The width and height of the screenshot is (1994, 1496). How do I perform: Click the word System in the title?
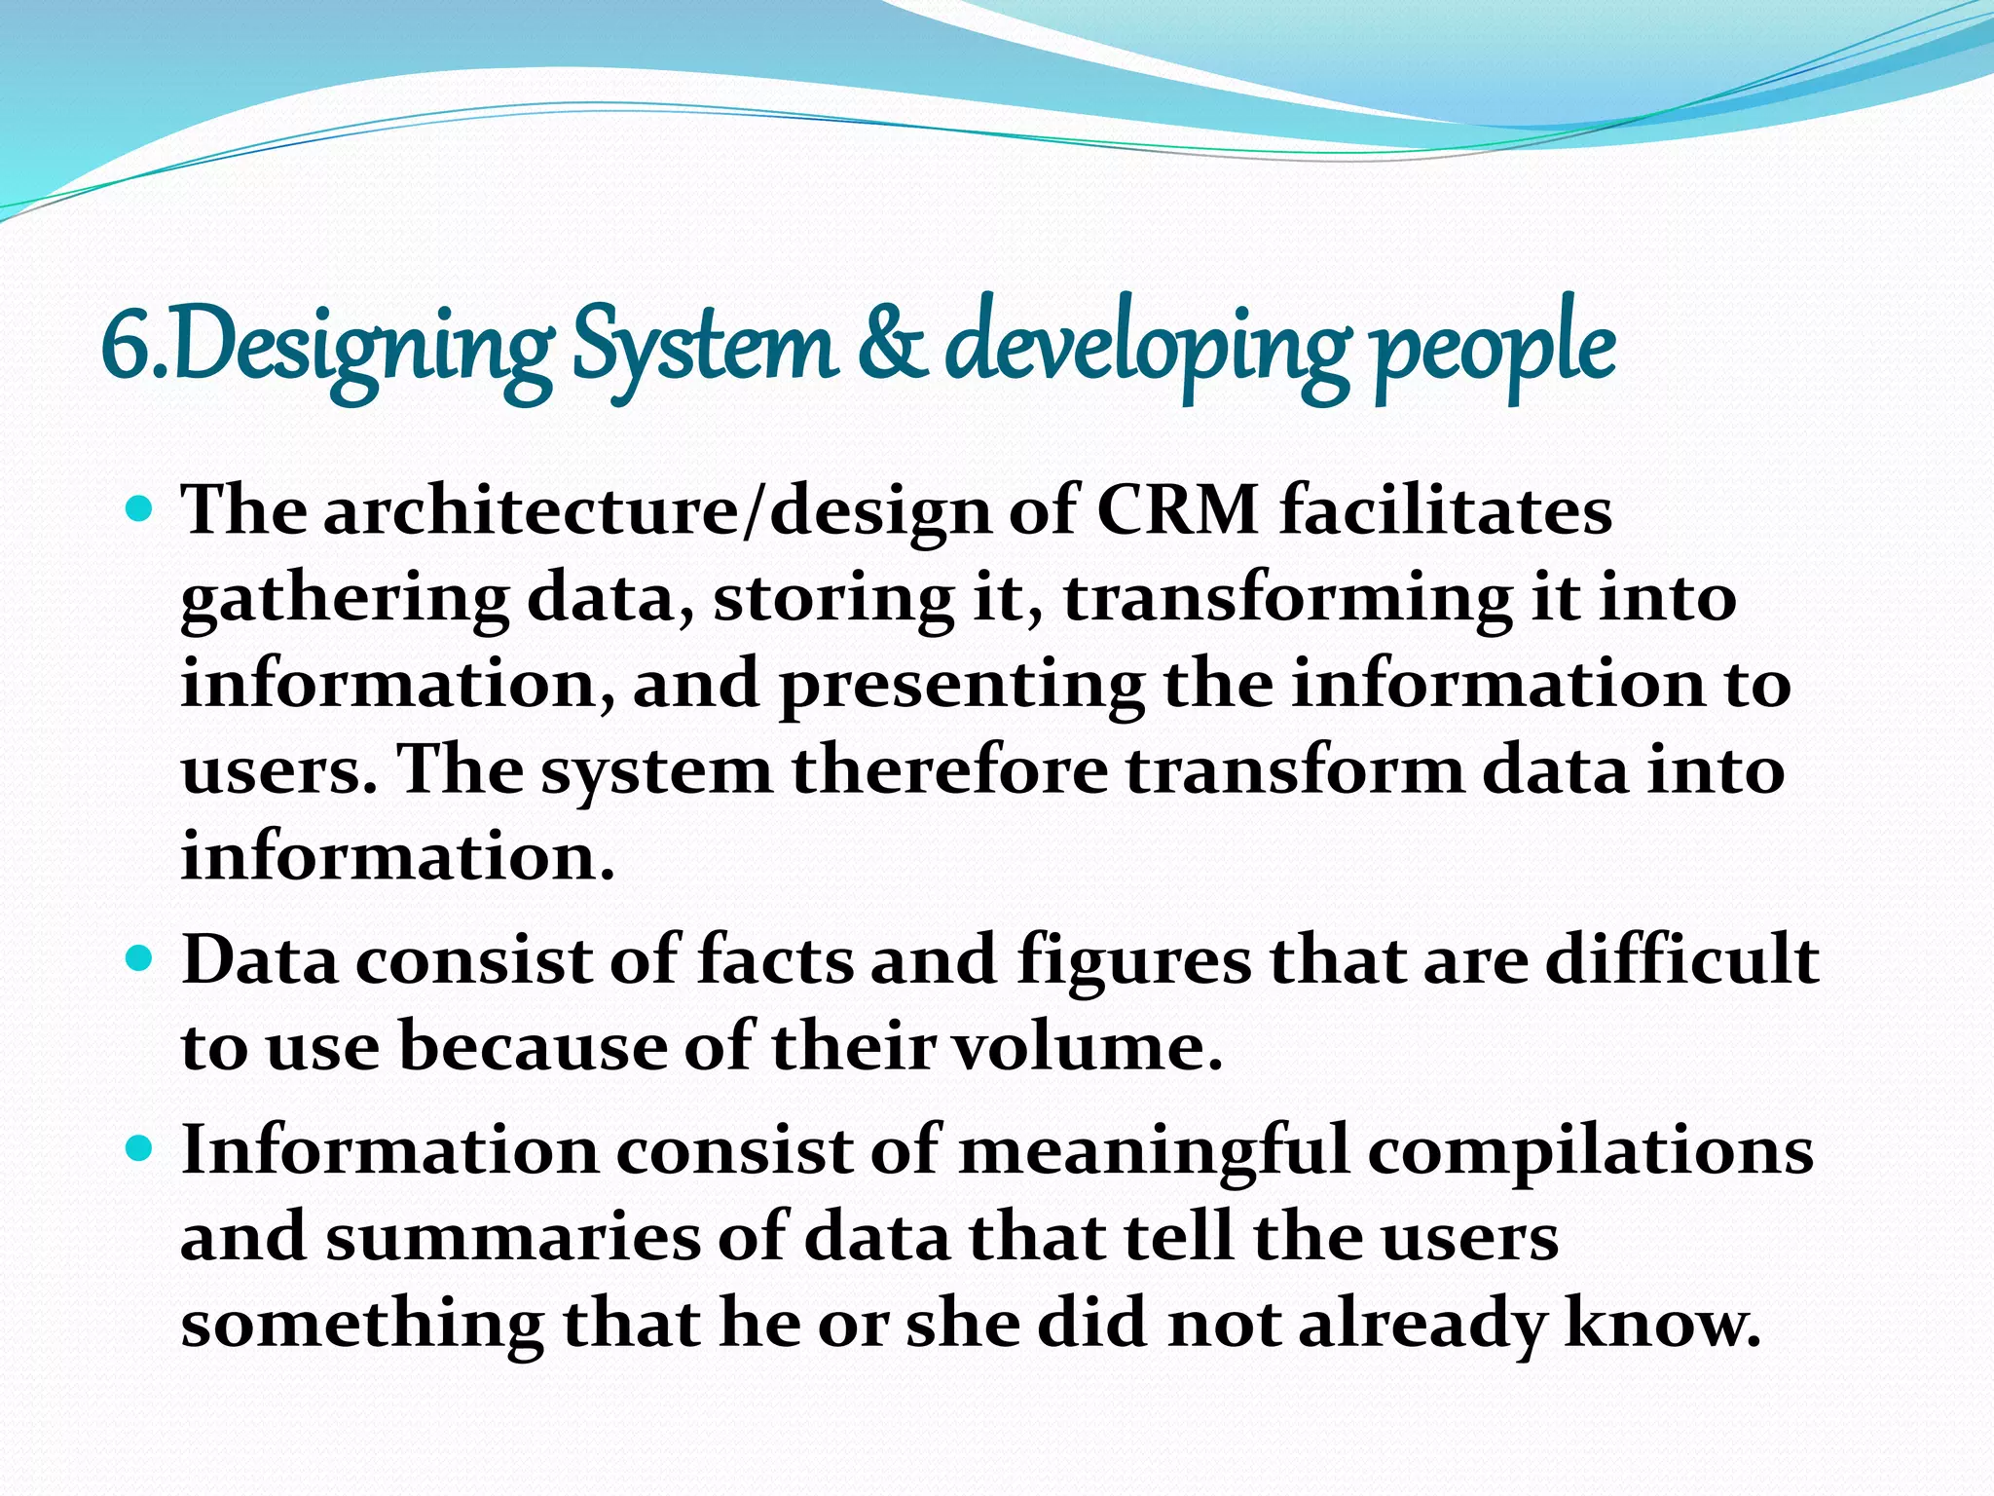pyautogui.click(x=704, y=348)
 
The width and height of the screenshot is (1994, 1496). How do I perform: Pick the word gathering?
pyautogui.click(x=345, y=598)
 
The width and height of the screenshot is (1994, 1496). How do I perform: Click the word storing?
pyautogui.click(x=832, y=598)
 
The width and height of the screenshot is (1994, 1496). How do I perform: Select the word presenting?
pyautogui.click(x=961, y=685)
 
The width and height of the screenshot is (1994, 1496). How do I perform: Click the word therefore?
pyautogui.click(x=949, y=770)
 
